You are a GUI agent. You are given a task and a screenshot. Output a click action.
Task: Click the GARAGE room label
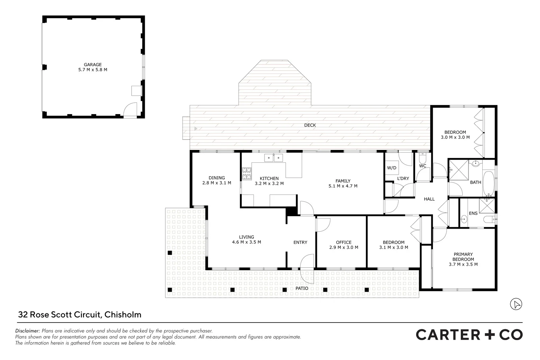click(92, 65)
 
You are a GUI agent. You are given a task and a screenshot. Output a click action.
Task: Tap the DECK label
click(310, 125)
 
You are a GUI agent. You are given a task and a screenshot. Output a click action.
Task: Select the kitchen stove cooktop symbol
click(247, 174)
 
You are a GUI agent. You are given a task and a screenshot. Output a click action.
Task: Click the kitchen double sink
click(273, 158)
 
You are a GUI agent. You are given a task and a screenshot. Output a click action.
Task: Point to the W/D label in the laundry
click(391, 168)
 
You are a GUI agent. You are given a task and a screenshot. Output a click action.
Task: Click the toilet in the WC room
click(423, 158)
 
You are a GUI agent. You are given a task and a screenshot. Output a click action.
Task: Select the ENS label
click(473, 213)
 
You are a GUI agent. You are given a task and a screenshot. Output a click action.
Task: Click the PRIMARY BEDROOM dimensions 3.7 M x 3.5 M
click(463, 264)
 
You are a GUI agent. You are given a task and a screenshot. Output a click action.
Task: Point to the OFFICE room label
click(344, 242)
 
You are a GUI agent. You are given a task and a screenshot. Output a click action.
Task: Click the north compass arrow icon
click(516, 304)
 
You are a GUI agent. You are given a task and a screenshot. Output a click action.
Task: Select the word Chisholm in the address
click(123, 315)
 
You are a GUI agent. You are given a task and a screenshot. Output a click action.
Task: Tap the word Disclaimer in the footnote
click(28, 331)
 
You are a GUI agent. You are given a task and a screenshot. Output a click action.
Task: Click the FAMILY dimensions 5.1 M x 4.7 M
click(343, 186)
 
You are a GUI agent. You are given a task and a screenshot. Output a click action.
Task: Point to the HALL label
click(429, 199)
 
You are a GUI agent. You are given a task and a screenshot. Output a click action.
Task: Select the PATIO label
click(302, 288)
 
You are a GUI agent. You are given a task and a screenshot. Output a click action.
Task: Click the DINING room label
click(217, 178)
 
